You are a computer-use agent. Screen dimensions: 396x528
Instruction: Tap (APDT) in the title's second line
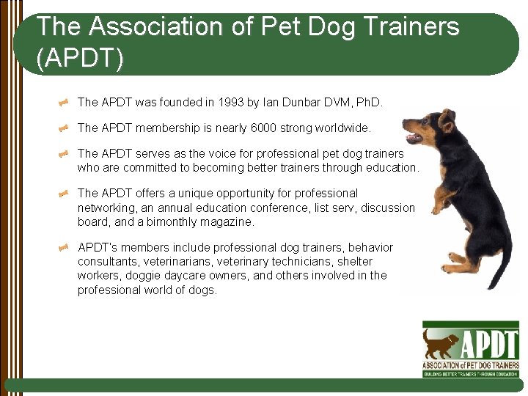(x=80, y=59)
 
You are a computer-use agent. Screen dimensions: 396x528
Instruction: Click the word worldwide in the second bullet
(x=342, y=128)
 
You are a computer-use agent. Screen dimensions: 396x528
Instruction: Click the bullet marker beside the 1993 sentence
(x=64, y=103)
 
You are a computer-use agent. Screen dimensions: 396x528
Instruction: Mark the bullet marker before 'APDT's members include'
(x=64, y=247)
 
